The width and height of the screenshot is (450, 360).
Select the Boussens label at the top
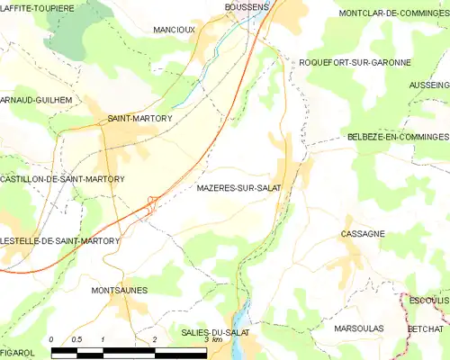pos(246,6)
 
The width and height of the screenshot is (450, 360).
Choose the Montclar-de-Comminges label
pos(391,14)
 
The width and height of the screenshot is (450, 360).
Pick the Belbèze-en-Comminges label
pos(397,137)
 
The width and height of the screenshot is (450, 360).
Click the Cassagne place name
pos(363,233)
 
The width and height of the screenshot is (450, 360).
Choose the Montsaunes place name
pos(119,290)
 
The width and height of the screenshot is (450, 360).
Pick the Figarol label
pos(17,353)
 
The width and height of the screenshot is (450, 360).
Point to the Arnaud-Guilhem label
pos(35,101)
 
